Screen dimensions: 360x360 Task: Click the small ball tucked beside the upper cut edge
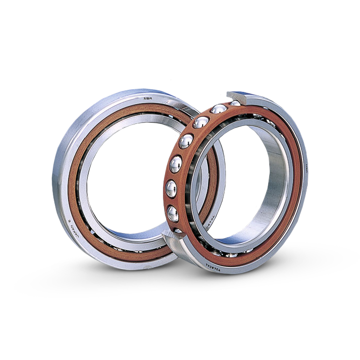tap(235, 104)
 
